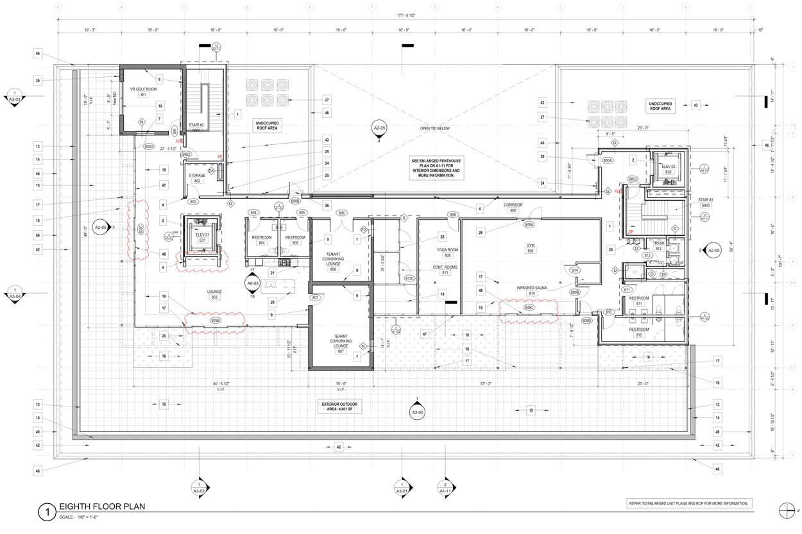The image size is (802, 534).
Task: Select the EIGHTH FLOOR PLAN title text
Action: [101, 506]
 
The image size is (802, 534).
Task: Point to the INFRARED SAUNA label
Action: [532, 288]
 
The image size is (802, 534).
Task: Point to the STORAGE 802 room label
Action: [197, 178]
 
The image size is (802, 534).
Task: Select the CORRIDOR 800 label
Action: [513, 208]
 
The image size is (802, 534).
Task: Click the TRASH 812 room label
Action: [658, 246]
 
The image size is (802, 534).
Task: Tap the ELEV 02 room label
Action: [668, 169]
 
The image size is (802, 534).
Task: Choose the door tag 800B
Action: [295, 201]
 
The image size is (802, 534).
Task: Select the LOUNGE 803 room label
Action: [214, 294]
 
